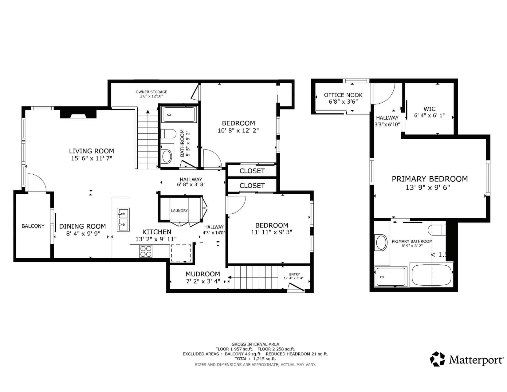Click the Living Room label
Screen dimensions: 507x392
pyautogui.click(x=91, y=151)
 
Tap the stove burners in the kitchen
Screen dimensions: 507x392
pyautogui.click(x=146, y=251)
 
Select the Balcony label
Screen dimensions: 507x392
pyautogui.click(x=33, y=226)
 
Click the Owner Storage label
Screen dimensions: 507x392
pyautogui.click(x=151, y=92)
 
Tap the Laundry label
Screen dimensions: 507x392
pyautogui.click(x=179, y=211)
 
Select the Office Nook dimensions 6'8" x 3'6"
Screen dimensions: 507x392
pyautogui.click(x=343, y=101)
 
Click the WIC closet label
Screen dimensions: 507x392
pyautogui.click(x=429, y=109)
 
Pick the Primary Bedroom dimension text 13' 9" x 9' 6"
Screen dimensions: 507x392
pyautogui.click(x=428, y=188)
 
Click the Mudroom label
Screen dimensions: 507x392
pyautogui.click(x=203, y=274)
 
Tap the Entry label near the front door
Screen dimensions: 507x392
pyautogui.click(x=294, y=274)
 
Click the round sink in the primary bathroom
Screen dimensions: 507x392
pyautogui.click(x=380, y=243)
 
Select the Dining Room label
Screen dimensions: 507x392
pyautogui.click(x=82, y=226)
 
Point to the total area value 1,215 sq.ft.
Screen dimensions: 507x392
pyautogui.click(x=265, y=358)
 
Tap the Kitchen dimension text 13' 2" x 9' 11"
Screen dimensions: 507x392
pyautogui.click(x=156, y=239)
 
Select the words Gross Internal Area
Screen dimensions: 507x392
pyautogui.click(x=255, y=344)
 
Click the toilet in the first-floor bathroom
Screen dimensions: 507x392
pyautogui.click(x=168, y=134)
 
